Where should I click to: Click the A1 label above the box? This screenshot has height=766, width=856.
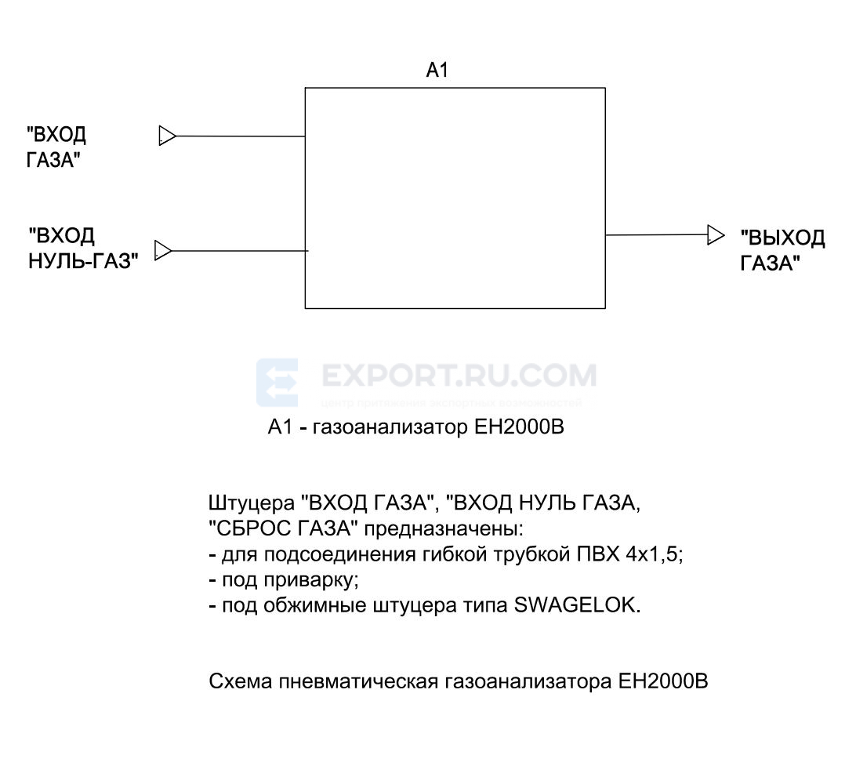point(437,71)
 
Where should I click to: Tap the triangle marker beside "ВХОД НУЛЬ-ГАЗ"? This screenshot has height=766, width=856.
point(163,251)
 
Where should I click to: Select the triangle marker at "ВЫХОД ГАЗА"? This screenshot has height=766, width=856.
point(715,234)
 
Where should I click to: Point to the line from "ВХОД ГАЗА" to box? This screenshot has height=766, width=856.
point(240,136)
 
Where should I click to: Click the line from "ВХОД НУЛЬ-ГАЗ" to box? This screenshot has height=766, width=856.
point(239,251)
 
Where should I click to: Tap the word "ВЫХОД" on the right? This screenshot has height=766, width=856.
point(783,238)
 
